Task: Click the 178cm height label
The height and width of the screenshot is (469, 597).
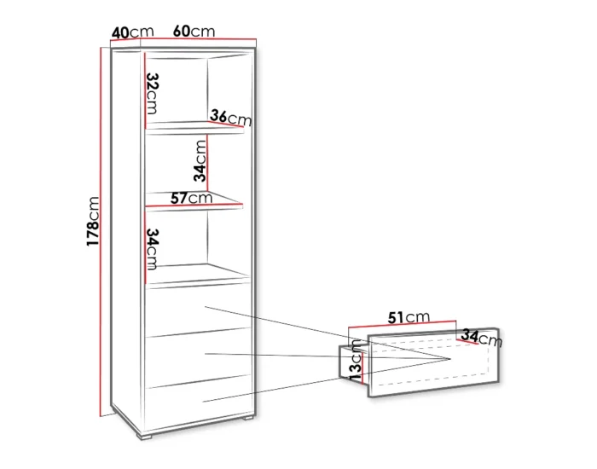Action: (x=93, y=221)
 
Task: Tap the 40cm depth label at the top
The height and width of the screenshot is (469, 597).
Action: (x=132, y=32)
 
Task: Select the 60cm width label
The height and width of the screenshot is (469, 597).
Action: (x=194, y=32)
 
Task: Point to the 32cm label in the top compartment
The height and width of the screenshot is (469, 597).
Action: (x=153, y=93)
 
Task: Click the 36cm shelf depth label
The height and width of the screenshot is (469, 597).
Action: (x=231, y=118)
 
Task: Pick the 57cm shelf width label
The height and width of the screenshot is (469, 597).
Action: (x=191, y=198)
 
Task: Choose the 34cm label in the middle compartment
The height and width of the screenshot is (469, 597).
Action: (x=200, y=160)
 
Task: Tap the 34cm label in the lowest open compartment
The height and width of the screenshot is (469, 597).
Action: (x=153, y=249)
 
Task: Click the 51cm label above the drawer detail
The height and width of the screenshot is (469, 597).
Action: (x=409, y=317)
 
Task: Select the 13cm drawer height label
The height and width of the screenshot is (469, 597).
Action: (x=356, y=360)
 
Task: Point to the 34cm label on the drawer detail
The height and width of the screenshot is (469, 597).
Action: (x=482, y=338)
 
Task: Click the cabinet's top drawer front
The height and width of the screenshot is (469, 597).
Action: (x=198, y=310)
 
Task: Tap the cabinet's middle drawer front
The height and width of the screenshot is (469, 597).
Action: (x=198, y=359)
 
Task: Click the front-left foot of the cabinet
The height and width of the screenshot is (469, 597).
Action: (x=144, y=437)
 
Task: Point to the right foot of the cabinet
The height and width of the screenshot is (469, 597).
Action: (x=247, y=419)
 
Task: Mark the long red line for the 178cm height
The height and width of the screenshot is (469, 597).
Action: (x=101, y=232)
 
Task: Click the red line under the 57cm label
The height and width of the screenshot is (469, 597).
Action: (x=194, y=206)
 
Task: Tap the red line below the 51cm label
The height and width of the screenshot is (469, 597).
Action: (x=402, y=324)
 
